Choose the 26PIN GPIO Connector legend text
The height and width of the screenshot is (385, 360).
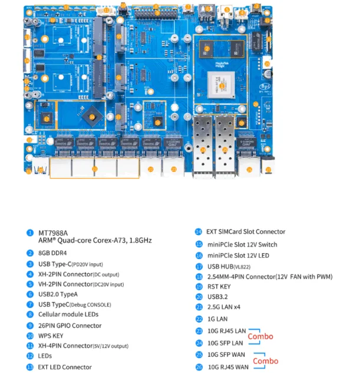coord(70,326)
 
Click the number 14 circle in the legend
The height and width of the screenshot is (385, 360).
coord(199,232)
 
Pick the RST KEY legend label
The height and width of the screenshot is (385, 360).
coord(219,286)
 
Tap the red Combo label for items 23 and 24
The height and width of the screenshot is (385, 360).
coord(260,336)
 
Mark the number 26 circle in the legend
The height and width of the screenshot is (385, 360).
coord(199,367)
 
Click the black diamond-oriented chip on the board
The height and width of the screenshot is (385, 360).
coord(91,115)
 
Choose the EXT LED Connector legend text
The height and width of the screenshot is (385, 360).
coord(65,367)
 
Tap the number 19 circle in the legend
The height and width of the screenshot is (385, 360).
coord(199,286)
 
